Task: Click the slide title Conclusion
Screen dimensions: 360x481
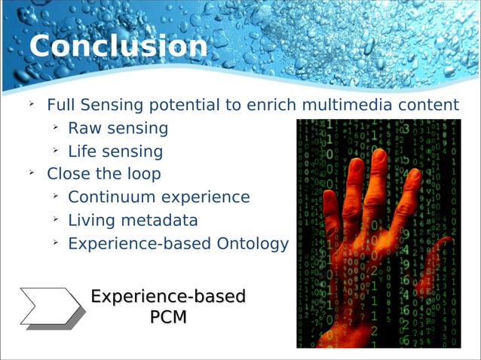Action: (x=118, y=47)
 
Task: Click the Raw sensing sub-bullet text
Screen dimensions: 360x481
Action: (x=118, y=128)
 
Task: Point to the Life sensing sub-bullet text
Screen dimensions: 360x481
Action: (x=115, y=151)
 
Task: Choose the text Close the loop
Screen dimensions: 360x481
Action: (x=103, y=174)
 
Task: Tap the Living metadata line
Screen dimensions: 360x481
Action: (x=133, y=221)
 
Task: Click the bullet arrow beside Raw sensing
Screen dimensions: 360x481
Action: (x=55, y=127)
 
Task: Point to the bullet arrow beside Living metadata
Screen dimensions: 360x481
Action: (x=55, y=220)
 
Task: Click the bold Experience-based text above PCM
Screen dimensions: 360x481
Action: (x=168, y=296)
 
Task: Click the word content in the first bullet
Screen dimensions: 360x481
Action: (x=432, y=105)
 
